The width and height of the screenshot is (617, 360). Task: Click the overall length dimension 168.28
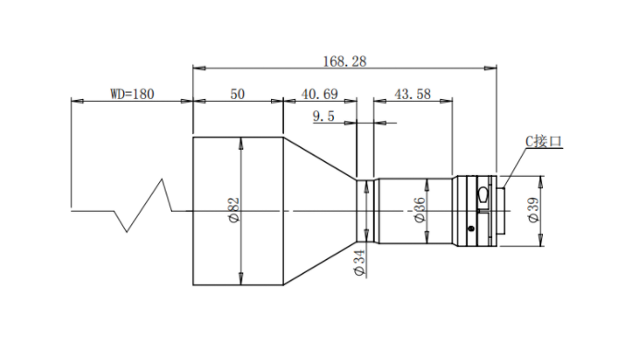345,61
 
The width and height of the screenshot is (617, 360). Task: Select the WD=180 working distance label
132,94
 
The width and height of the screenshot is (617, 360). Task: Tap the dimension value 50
238,94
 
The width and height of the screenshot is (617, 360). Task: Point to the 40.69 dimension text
319,94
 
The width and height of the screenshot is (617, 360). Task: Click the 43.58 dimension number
413,94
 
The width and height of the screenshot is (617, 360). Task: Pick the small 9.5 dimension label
324,117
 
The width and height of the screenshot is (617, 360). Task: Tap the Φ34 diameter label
360,263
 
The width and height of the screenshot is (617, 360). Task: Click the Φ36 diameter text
420,210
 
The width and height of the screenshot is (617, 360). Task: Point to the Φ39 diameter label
534,210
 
